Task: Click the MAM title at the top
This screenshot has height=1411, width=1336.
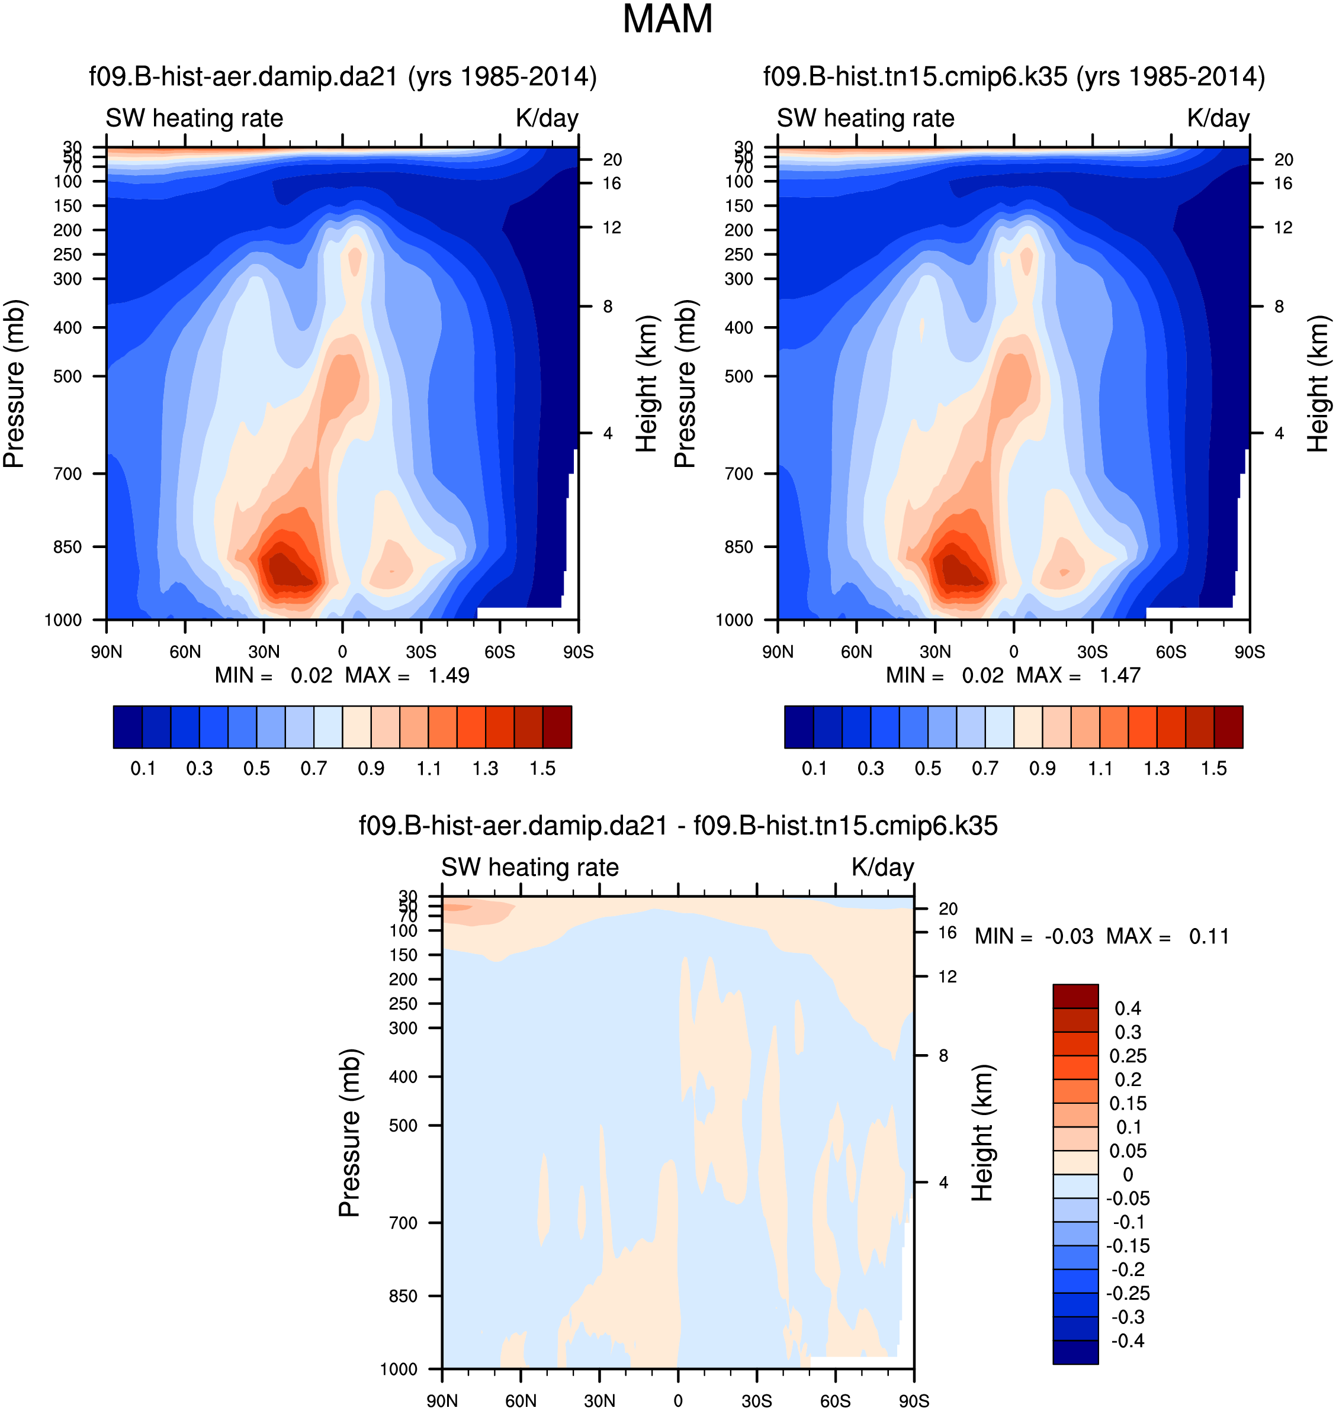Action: click(x=667, y=19)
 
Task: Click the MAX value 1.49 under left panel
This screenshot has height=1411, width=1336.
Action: click(x=449, y=675)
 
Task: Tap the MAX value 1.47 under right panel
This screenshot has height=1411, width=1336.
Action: click(x=1120, y=675)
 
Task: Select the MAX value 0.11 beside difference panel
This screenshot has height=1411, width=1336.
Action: click(x=1209, y=936)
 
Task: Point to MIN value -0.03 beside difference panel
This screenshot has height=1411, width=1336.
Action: click(x=1069, y=936)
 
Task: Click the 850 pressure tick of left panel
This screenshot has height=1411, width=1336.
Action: click(x=68, y=547)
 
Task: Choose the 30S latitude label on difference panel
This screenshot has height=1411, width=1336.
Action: click(x=756, y=1400)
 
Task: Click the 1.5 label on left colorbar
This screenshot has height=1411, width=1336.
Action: click(x=542, y=769)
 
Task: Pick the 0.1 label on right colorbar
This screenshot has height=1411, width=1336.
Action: click(x=814, y=769)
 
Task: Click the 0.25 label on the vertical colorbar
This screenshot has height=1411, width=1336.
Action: click(x=1128, y=1056)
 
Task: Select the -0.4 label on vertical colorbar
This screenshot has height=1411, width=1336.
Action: click(x=1128, y=1341)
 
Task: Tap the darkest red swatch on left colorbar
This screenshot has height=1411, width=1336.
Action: click(x=557, y=727)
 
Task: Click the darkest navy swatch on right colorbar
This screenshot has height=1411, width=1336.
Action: click(x=799, y=727)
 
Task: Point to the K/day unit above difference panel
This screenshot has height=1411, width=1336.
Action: click(x=882, y=867)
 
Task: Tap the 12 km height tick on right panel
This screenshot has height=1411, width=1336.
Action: click(x=1283, y=228)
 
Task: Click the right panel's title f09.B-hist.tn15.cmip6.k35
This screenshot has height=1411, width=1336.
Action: click(x=1013, y=77)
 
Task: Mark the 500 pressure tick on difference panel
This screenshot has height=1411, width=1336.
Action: click(x=403, y=1126)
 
